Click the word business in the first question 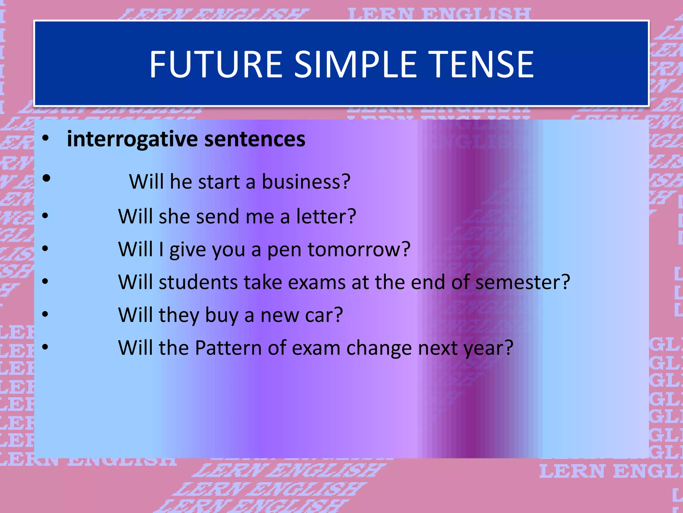[x=301, y=182]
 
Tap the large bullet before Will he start [x=46, y=178]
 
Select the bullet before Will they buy [x=45, y=314]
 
